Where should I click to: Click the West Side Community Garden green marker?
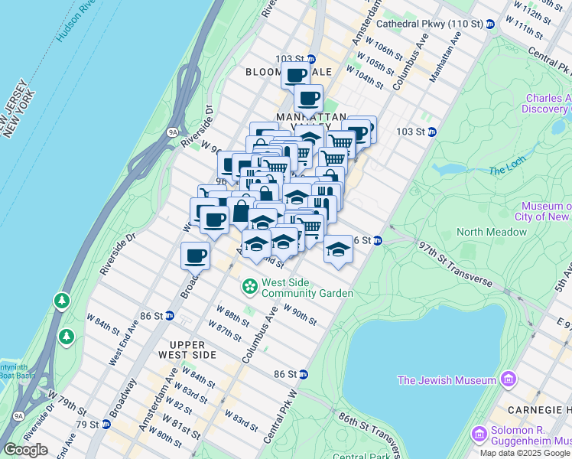coord(249,288)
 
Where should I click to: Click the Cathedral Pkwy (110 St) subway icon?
coord(490,24)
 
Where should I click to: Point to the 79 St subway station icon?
coord(104,424)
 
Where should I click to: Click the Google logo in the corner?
coord(25,450)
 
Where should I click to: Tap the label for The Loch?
coord(503,170)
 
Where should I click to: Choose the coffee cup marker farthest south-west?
coord(195,255)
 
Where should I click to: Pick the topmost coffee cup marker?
coord(295,75)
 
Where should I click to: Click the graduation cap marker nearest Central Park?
coord(337,249)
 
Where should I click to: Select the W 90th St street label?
coord(300,314)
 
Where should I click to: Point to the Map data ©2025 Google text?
coord(525,453)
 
